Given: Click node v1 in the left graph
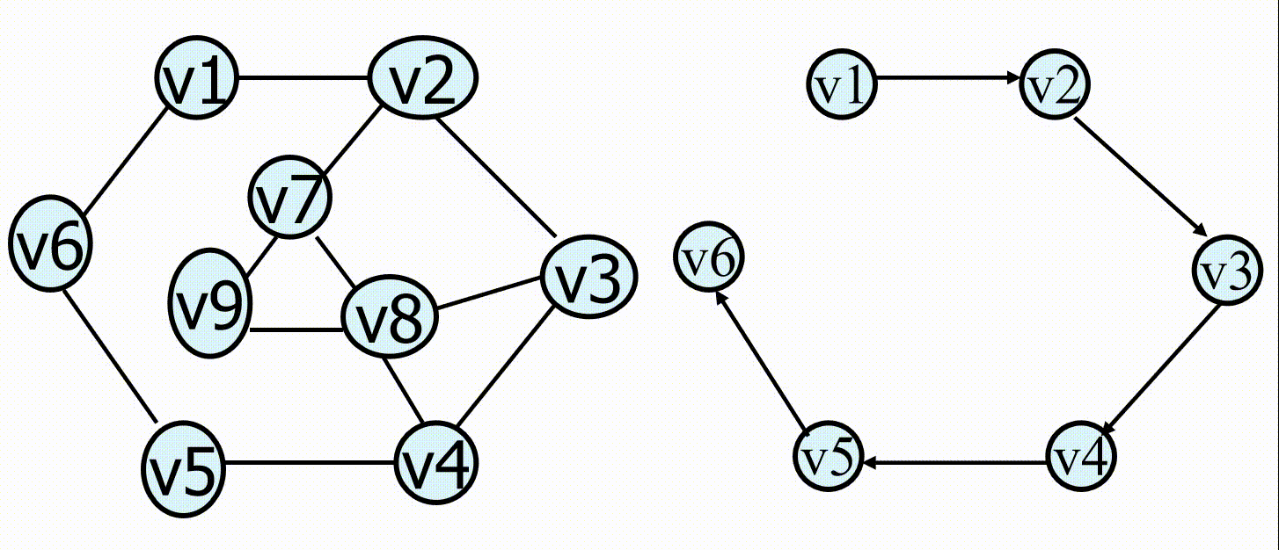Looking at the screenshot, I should coord(198,81).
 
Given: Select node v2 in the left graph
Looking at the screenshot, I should coord(422,79).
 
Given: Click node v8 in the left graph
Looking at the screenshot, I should coord(389,317).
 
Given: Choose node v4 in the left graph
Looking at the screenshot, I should coord(436,465).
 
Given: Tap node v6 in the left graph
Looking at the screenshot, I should coord(49,244).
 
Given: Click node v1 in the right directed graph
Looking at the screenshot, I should coord(842,84).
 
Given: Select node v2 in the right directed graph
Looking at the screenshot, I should coord(1055,85).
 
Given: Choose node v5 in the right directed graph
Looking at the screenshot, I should coord(829,460).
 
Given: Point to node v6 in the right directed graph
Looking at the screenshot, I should coord(709,258).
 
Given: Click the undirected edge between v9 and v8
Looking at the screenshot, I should coord(297,330).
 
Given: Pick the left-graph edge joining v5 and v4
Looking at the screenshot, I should coord(309,464).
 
